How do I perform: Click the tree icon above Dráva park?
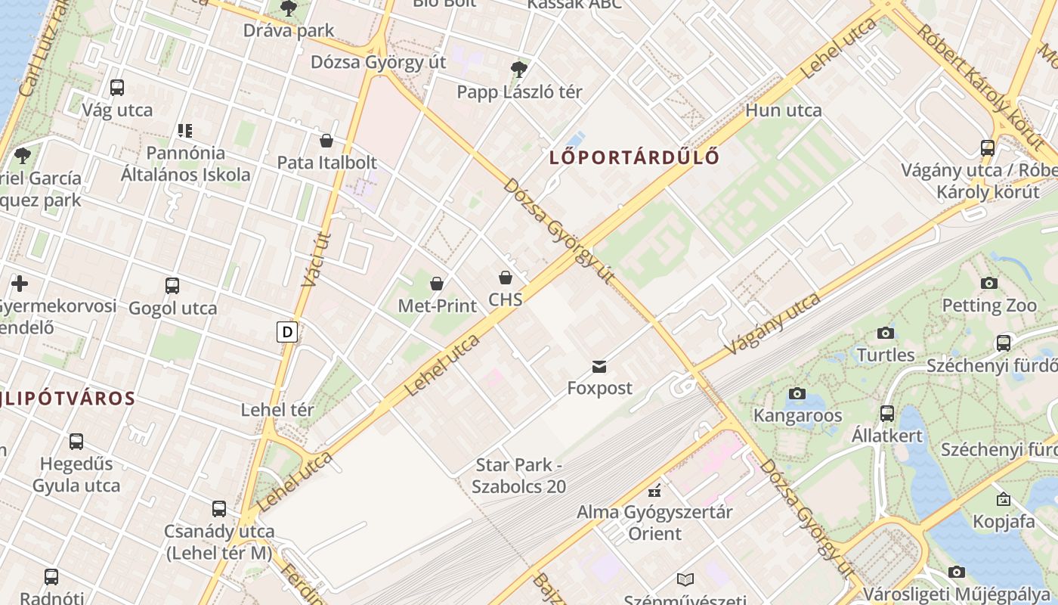pos(288,8)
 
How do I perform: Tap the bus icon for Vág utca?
pos(117,87)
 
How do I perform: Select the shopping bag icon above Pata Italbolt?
pos(326,141)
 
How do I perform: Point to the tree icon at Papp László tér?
pos(519,70)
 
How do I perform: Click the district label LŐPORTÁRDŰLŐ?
pos(633,157)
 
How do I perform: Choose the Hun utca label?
pos(783,110)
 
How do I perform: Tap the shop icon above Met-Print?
pos(437,284)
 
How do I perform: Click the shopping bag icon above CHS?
pos(506,278)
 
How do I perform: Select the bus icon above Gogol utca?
pos(172,286)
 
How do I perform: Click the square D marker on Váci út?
pos(286,331)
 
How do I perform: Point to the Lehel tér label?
pos(277,410)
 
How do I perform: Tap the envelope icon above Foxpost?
pos(599,367)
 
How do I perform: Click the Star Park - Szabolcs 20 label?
pos(518,476)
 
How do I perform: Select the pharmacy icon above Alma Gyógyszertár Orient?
pos(654,490)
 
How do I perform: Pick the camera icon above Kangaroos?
pos(797,393)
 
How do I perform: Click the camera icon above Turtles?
pos(886,333)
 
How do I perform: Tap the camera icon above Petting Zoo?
pos(988,284)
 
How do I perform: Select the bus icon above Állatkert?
pos(887,414)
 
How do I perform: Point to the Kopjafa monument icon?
pos(1004,499)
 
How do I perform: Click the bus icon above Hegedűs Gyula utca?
pos(76,442)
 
